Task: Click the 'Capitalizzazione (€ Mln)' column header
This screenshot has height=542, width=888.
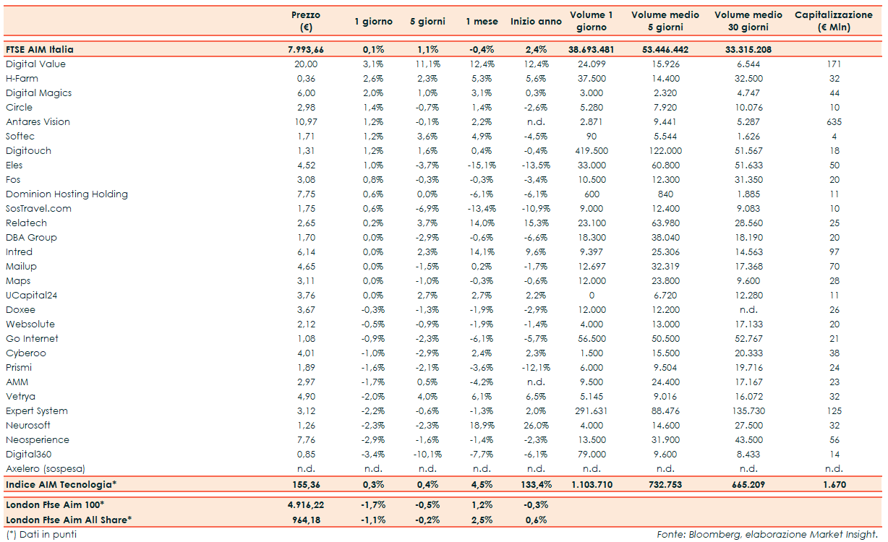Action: pos(834,21)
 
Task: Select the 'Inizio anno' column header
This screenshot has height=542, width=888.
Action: pos(536,22)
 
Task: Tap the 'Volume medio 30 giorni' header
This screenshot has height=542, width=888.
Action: pos(748,21)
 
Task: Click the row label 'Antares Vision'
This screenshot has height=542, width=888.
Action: pos(38,122)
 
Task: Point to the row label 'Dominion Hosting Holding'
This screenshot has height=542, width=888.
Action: pos(67,194)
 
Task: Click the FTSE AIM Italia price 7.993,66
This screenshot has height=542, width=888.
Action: pos(305,50)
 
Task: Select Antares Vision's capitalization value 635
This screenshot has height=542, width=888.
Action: pos(834,122)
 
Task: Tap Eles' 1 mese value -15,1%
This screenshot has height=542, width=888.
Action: pos(482,165)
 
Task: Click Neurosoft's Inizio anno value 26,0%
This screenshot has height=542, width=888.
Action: pos(536,426)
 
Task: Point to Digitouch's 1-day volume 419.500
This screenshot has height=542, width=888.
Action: pos(592,151)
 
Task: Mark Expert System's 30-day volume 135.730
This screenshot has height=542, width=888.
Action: pos(748,411)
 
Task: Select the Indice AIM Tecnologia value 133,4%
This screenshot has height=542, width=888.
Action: pos(536,484)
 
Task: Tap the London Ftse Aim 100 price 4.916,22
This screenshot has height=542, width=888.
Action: pos(305,505)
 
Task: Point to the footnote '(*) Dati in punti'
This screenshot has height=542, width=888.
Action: pos(40,535)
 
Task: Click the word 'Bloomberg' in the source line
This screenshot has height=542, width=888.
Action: pos(710,535)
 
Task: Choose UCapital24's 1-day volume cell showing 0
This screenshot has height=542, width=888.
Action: pos(592,296)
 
